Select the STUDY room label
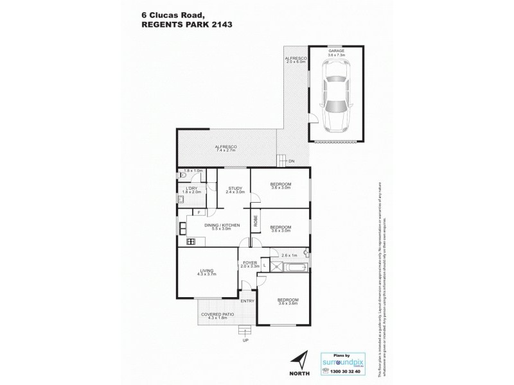pyautogui.click(x=235, y=188)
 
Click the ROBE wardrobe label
pyautogui.click(x=255, y=221)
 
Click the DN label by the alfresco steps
pyautogui.click(x=291, y=161)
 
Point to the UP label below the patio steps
pyautogui.click(x=244, y=340)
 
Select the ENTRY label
pyautogui.click(x=247, y=301)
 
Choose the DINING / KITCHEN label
pyautogui.click(x=222, y=225)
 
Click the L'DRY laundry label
pyautogui.click(x=191, y=187)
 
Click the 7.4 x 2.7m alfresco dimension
pyautogui.click(x=226, y=151)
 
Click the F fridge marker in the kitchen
pyautogui.click(x=199, y=212)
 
